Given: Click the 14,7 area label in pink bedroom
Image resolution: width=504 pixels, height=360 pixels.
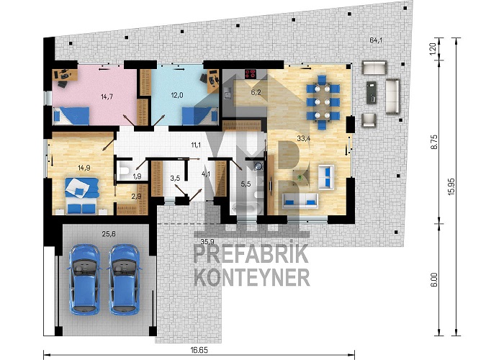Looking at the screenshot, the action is click(x=107, y=96).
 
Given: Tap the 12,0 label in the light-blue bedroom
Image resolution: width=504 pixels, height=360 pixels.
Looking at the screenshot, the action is click(x=177, y=95).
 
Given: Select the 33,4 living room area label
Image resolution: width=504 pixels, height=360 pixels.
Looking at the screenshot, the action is click(x=303, y=138).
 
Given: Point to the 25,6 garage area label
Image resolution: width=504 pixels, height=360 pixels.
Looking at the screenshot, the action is click(x=109, y=234).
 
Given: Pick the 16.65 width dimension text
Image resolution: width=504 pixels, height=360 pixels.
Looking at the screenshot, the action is click(x=198, y=350).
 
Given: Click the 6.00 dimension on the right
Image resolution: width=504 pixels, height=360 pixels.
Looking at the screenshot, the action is click(x=435, y=279).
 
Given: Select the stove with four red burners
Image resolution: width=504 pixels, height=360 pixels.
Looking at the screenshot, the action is click(x=251, y=74).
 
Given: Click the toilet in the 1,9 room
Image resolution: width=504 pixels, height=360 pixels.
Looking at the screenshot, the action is click(x=123, y=171).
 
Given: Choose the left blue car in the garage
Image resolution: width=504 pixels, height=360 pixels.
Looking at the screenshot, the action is click(x=84, y=279).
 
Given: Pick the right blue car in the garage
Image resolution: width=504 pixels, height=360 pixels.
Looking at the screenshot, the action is click(x=124, y=279).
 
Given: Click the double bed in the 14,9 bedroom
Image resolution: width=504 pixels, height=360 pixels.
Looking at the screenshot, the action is click(x=81, y=196).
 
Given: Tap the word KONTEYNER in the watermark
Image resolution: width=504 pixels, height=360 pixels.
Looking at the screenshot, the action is click(x=252, y=278).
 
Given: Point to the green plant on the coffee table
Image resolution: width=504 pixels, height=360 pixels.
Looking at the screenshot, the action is click(x=300, y=177).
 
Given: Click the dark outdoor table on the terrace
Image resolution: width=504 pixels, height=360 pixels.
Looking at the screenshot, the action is click(x=372, y=92).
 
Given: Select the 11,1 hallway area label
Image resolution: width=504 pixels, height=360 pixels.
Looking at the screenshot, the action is click(x=196, y=145).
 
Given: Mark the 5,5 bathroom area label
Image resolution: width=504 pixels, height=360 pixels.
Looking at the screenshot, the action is click(x=246, y=184).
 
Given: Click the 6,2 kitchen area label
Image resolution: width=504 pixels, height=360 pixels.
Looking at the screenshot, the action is click(x=256, y=93).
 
